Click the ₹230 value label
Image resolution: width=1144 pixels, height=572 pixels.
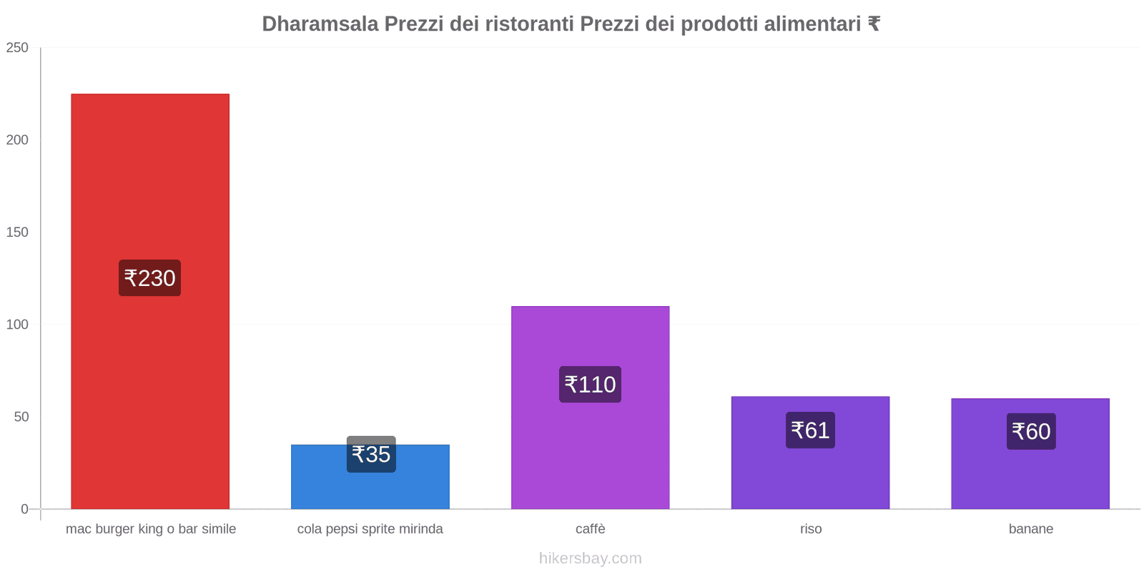pyautogui.click(x=149, y=278)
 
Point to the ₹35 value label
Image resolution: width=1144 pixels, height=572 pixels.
pyautogui.click(x=371, y=455)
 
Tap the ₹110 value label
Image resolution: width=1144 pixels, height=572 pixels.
pyautogui.click(x=590, y=385)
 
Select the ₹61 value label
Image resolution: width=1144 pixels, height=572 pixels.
pyautogui.click(x=810, y=430)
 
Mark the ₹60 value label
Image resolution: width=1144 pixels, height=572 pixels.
pyautogui.click(x=1031, y=432)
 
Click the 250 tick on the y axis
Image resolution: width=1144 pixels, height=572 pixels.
pyautogui.click(x=17, y=48)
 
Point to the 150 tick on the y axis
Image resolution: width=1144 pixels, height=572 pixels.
pyautogui.click(x=17, y=232)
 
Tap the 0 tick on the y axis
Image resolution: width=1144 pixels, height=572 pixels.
pyautogui.click(x=24, y=509)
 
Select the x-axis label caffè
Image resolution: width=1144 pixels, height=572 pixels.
pyautogui.click(x=591, y=529)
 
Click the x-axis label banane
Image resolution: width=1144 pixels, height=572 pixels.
pyautogui.click(x=1031, y=529)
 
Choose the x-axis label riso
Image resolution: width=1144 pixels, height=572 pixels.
pyautogui.click(x=811, y=529)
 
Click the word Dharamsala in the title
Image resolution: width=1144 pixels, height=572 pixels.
pyautogui.click(x=320, y=24)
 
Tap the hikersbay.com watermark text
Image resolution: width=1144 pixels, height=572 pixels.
pyautogui.click(x=591, y=558)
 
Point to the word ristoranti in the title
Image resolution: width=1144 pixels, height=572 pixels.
pyautogui.click(x=529, y=24)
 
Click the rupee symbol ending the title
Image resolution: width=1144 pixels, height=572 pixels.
pyautogui.click(x=874, y=24)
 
